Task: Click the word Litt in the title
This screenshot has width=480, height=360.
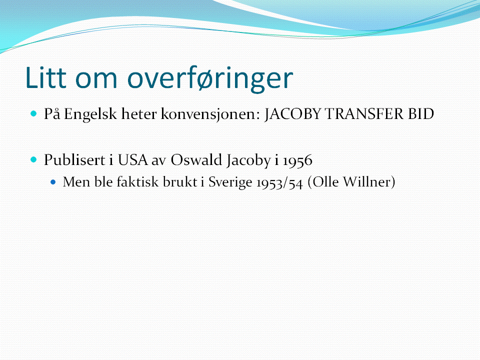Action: click(46, 77)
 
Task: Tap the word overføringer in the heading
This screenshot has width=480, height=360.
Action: click(210, 78)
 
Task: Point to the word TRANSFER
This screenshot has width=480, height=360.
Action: click(364, 114)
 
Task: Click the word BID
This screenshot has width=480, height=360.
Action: click(421, 114)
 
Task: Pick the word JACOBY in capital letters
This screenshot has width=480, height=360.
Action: click(292, 114)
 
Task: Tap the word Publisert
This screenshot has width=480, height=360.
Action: click(74, 160)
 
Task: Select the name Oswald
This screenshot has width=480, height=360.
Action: click(196, 160)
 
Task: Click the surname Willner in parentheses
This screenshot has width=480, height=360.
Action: click(369, 182)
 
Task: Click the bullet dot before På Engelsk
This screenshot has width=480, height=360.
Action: click(33, 114)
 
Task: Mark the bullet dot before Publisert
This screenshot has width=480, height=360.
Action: click(33, 159)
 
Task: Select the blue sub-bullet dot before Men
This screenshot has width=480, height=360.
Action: click(53, 182)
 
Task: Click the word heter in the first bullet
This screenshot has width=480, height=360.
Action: click(139, 114)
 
